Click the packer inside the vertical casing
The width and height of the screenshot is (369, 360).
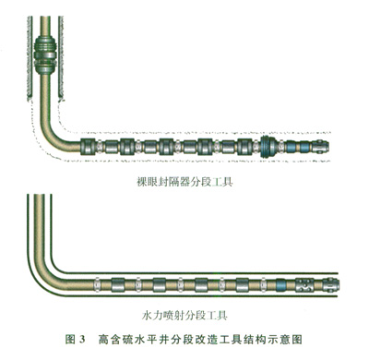click(x=45, y=55)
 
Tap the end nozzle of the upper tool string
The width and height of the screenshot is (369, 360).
click(x=321, y=146)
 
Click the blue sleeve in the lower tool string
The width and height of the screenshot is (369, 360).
click(x=281, y=285)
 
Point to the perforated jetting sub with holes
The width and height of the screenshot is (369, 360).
click(x=304, y=285)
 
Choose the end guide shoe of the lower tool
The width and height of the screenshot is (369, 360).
click(x=331, y=284)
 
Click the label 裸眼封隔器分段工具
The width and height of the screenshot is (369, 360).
click(x=184, y=182)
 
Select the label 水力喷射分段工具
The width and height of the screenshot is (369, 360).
click(x=184, y=316)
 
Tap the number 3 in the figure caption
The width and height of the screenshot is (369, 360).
click(x=82, y=340)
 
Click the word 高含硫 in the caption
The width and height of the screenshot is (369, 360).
click(x=115, y=340)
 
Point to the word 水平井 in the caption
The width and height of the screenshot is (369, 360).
click(x=152, y=340)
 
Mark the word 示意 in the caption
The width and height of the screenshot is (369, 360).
click(x=280, y=340)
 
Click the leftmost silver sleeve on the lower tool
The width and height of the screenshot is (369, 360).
click(x=118, y=285)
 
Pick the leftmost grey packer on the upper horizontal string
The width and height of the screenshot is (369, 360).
click(x=89, y=147)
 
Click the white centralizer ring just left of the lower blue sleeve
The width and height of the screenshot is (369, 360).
click(x=263, y=285)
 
